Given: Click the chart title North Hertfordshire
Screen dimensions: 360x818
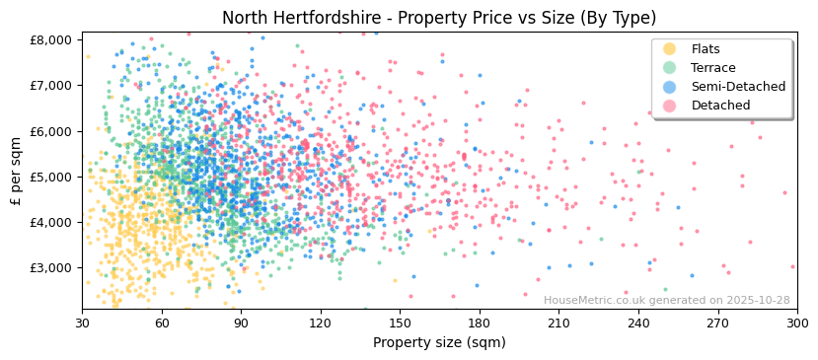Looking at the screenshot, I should tap(438, 18).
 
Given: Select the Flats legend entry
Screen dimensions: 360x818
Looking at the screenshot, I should tap(706, 49).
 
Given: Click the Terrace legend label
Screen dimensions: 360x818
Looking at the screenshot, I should tap(712, 68).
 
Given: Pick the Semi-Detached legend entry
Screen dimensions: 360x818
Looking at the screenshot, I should tap(738, 87).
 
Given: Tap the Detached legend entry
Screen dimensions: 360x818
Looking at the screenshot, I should tap(720, 106).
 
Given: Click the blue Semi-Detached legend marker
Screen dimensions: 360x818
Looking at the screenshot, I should tap(670, 87).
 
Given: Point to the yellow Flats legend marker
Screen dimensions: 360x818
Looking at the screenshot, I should tap(670, 49).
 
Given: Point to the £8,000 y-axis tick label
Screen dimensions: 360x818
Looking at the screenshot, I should tap(51, 39).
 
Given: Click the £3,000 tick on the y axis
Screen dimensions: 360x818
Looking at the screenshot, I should tap(51, 267).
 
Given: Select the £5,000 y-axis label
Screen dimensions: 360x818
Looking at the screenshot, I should tap(51, 177).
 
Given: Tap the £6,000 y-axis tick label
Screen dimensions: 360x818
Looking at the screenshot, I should tap(51, 131).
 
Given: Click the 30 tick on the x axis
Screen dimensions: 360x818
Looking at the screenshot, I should tap(82, 324).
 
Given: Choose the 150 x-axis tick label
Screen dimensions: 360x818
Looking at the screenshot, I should tap(400, 324).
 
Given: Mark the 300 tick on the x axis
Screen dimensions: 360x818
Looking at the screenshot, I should tap(796, 324).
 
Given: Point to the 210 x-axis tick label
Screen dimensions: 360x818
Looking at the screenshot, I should tap(558, 324).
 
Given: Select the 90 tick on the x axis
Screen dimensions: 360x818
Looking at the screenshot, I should tap(241, 324).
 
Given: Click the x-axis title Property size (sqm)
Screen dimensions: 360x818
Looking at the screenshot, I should tap(438, 342).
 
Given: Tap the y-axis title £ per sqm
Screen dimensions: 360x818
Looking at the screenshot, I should tap(17, 172).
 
